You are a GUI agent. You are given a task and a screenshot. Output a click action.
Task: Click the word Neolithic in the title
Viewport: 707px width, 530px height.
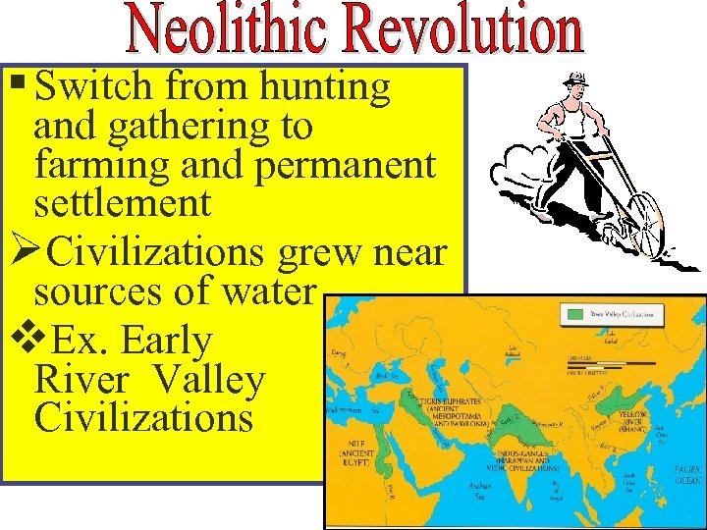pyautogui.click(x=237, y=31)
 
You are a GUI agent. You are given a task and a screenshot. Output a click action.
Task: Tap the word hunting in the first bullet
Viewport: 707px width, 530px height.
pyautogui.click(x=325, y=87)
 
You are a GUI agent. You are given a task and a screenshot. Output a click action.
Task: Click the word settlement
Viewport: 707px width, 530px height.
pyautogui.click(x=122, y=204)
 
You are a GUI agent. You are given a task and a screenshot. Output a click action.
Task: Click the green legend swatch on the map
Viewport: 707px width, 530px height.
pyautogui.click(x=573, y=316)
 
